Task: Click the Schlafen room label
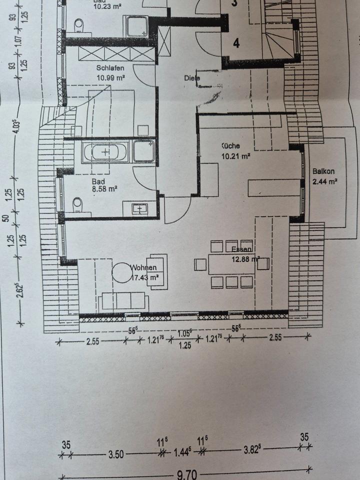click(x=110, y=67)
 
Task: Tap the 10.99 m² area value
click(x=110, y=77)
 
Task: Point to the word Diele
click(x=191, y=78)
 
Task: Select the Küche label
click(x=231, y=146)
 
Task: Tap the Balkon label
click(x=323, y=171)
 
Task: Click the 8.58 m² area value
click(x=104, y=189)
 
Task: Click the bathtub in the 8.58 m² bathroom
click(x=105, y=151)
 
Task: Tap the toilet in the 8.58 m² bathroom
click(x=77, y=205)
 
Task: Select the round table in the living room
click(x=121, y=272)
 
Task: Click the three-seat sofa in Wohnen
click(x=123, y=301)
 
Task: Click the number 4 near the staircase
click(x=236, y=43)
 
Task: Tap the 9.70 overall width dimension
click(x=185, y=474)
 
